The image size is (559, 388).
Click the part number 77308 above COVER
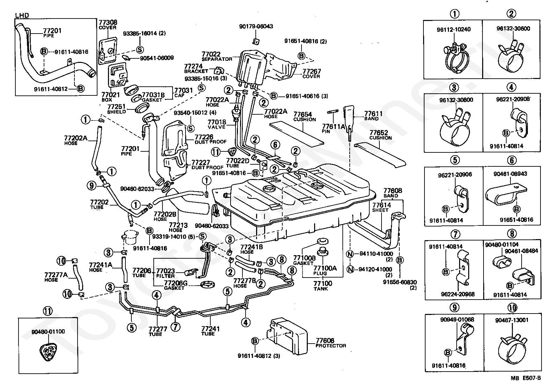(108, 22)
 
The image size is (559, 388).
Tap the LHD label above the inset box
(22, 15)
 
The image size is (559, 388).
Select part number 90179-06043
(256, 27)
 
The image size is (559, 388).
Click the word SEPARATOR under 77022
(217, 59)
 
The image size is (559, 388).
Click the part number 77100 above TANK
(323, 283)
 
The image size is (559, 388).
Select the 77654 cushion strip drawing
(297, 133)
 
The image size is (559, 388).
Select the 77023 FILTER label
(166, 273)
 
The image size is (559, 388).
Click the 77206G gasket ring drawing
(208, 285)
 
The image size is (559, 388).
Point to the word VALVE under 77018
(216, 127)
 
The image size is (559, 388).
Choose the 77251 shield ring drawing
(141, 109)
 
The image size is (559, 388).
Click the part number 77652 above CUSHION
(379, 132)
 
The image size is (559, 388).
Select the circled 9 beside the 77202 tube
(92, 186)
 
